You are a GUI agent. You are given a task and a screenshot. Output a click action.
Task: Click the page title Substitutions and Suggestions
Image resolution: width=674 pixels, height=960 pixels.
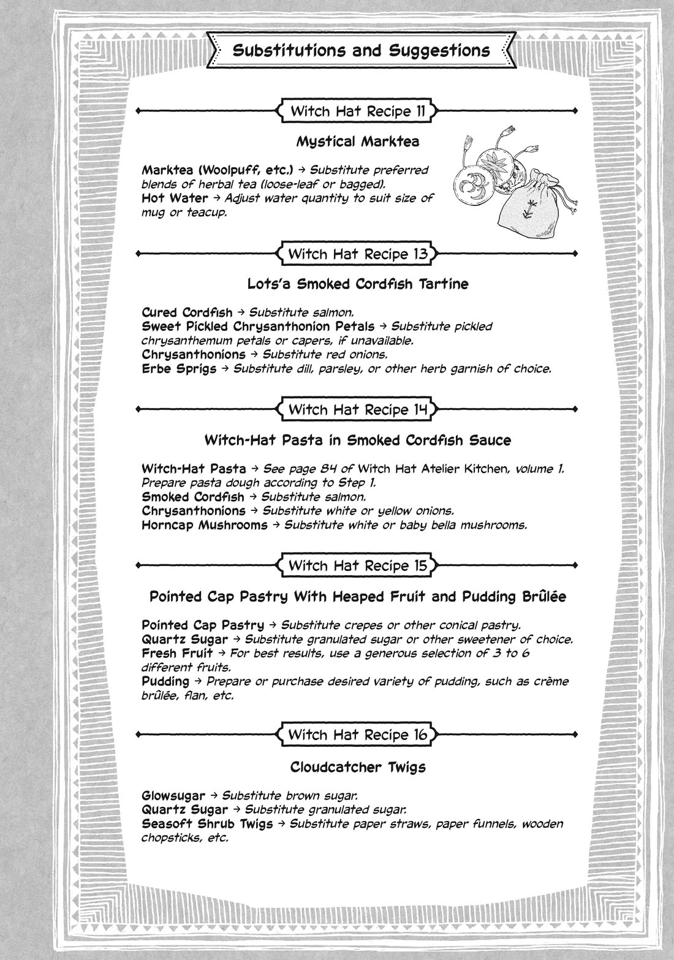click(x=361, y=50)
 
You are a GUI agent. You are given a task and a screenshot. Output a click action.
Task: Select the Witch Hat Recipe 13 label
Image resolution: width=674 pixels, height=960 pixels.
click(x=358, y=254)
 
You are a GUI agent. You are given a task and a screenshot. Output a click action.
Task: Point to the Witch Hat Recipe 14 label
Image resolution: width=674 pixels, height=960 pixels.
click(x=358, y=409)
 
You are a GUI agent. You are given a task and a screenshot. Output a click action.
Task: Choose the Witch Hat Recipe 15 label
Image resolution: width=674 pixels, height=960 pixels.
click(x=358, y=565)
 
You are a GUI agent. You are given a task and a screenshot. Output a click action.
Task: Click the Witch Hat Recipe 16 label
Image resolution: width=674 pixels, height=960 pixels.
click(x=358, y=735)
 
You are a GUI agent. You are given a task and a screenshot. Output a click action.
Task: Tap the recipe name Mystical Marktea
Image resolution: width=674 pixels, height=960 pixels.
click(x=358, y=142)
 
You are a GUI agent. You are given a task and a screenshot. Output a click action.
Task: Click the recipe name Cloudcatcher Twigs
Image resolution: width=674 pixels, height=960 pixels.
click(x=358, y=767)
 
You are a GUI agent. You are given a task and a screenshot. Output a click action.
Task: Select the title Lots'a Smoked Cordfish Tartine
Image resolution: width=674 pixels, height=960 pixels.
click(x=358, y=284)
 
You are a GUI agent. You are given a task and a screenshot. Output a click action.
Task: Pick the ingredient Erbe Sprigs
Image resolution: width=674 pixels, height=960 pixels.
click(x=179, y=369)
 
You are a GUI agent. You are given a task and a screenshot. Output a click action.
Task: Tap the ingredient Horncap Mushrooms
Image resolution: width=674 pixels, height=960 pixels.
click(x=204, y=525)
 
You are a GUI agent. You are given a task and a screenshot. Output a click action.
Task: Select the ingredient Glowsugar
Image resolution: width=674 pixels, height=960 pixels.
click(x=173, y=796)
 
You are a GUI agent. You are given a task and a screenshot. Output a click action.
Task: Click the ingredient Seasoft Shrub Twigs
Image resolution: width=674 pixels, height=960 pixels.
click(x=207, y=824)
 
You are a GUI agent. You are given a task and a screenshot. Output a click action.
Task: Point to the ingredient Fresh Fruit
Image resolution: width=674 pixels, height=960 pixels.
click(x=177, y=653)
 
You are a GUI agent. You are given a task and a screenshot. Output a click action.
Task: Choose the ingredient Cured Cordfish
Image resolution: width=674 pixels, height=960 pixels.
click(x=187, y=312)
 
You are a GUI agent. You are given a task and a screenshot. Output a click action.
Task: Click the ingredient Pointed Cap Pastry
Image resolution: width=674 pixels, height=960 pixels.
click(x=203, y=626)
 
